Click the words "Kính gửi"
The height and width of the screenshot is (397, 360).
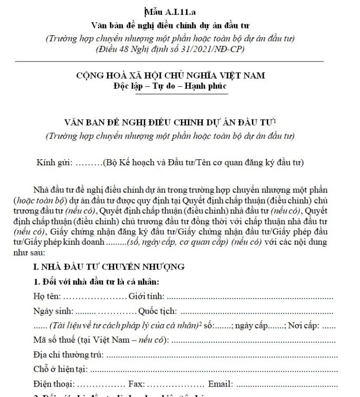pyautogui.click(x=55, y=162)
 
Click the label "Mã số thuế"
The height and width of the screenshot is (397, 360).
pyautogui.click(x=55, y=340)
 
